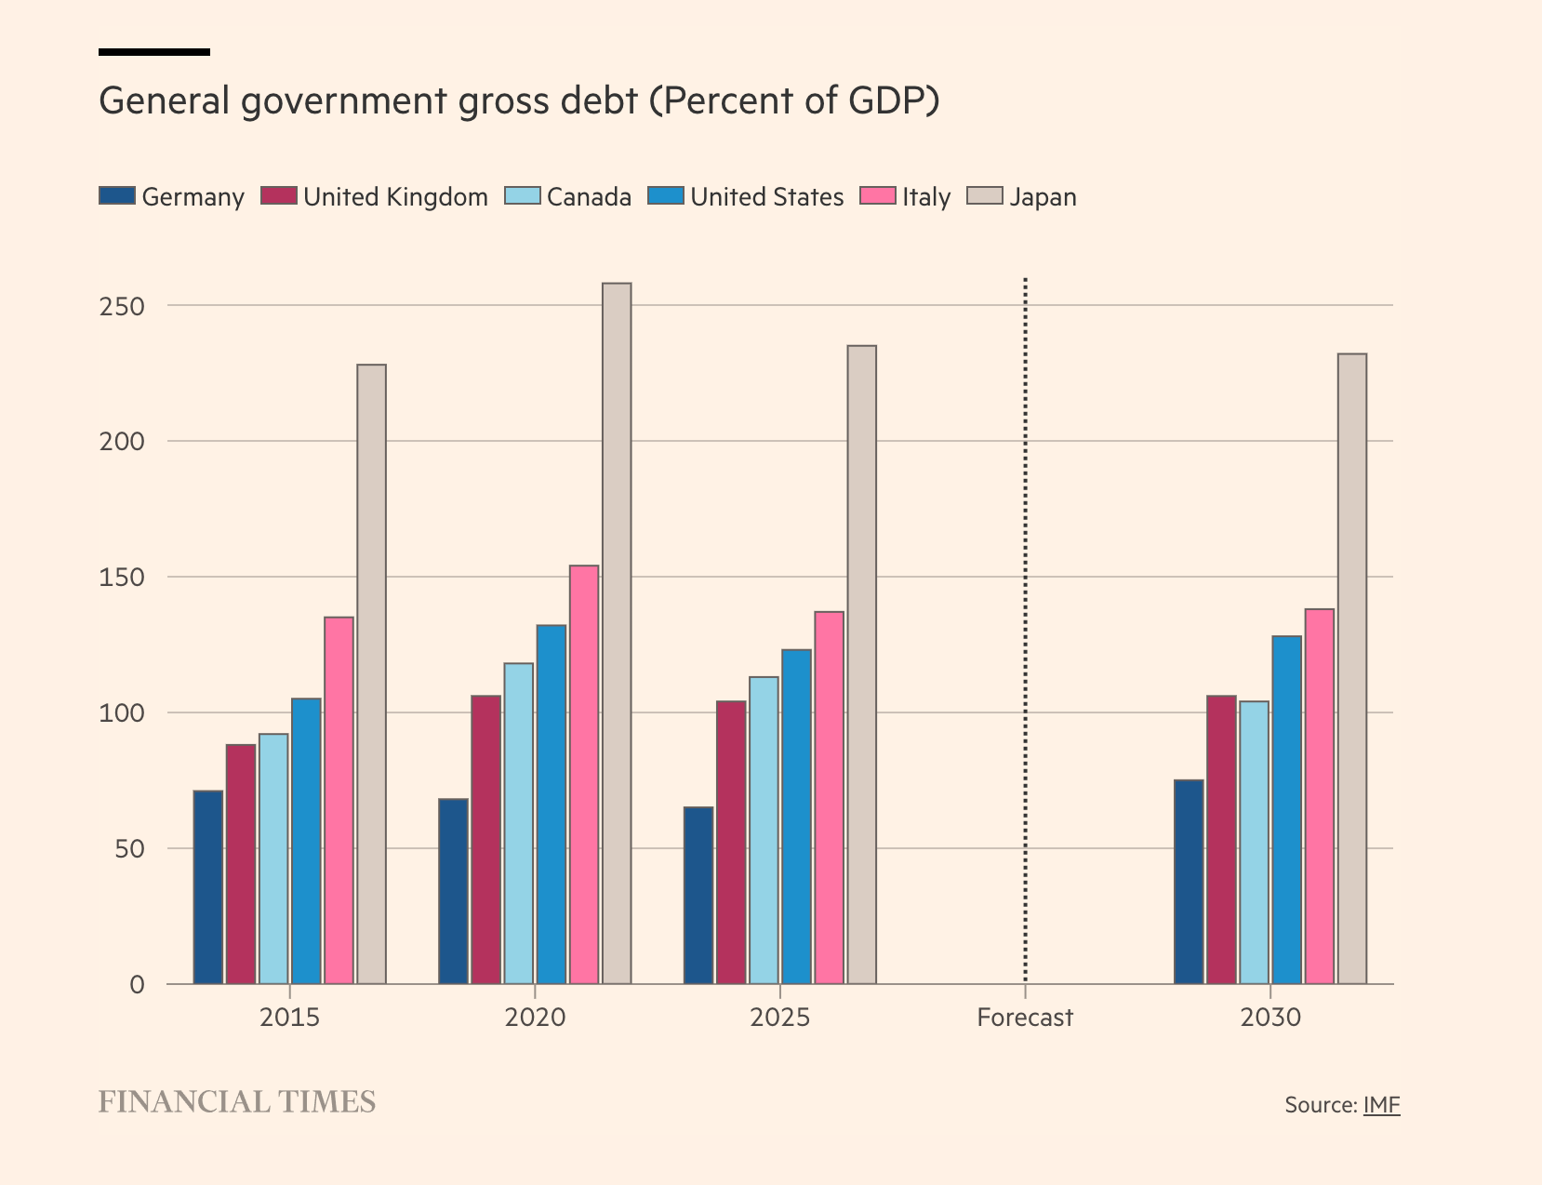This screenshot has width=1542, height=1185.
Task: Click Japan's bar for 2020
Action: (x=617, y=632)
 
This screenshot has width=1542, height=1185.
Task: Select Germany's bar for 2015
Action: (x=208, y=887)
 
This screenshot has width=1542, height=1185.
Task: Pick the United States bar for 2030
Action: (x=1286, y=809)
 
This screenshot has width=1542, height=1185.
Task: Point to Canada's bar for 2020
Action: (x=519, y=823)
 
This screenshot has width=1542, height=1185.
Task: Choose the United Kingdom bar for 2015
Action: (x=241, y=864)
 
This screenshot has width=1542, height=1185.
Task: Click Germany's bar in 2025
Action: (x=698, y=895)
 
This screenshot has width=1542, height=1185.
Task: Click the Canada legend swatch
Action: (x=522, y=196)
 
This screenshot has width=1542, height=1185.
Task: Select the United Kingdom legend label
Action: (x=395, y=197)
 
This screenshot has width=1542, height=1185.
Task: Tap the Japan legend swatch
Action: (x=985, y=196)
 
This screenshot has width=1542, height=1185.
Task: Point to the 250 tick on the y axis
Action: (x=123, y=306)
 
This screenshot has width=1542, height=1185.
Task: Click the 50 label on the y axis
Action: (x=129, y=848)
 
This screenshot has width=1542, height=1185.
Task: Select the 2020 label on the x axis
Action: (x=535, y=1018)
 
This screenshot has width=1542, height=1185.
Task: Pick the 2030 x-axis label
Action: (x=1270, y=1018)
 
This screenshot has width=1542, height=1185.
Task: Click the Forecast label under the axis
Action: (x=1025, y=1018)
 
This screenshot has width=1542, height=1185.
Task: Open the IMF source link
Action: (x=1381, y=1105)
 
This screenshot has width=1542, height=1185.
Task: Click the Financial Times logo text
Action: (x=237, y=1102)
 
